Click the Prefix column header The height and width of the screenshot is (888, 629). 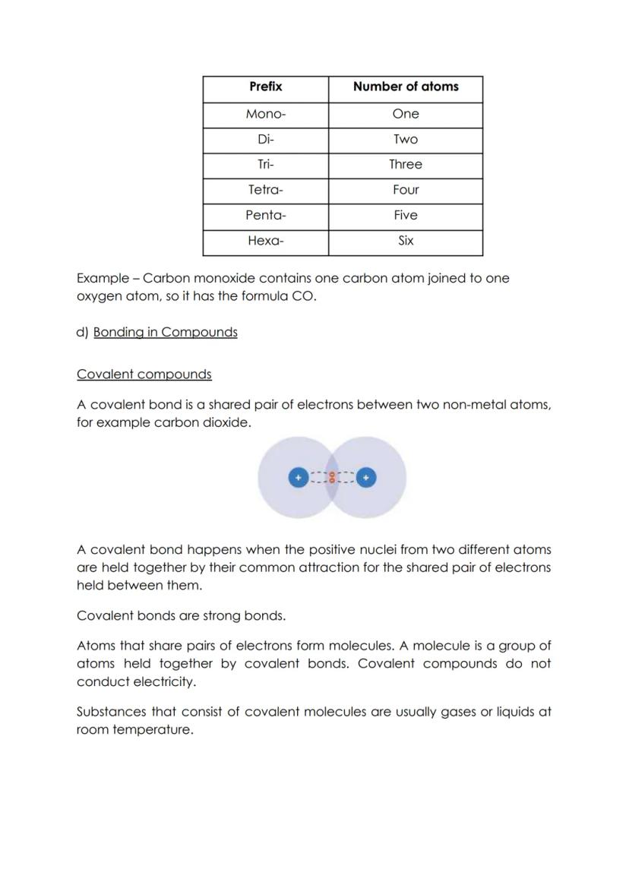pos(265,87)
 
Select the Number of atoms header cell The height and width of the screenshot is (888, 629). pos(406,87)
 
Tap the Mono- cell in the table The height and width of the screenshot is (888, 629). pos(265,114)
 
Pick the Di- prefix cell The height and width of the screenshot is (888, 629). pos(265,140)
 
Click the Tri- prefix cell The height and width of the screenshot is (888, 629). pos(265,165)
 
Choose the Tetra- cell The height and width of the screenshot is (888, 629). pos(265,190)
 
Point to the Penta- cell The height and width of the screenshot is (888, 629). pos(265,216)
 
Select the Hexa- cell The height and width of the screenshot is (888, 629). pos(265,241)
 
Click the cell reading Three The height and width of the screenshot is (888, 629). pos(406,165)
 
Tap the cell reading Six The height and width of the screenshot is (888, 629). pos(406,241)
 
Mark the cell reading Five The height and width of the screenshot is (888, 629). pos(406,216)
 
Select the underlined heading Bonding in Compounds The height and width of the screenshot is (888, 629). pos(165,333)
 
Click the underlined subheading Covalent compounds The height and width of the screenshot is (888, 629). pos(144,374)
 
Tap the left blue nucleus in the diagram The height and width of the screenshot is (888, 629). pos(299,478)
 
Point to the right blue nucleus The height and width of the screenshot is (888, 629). pos(366,478)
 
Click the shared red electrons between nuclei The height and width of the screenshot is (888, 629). pos(332,478)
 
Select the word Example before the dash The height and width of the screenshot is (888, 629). pos(103,279)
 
